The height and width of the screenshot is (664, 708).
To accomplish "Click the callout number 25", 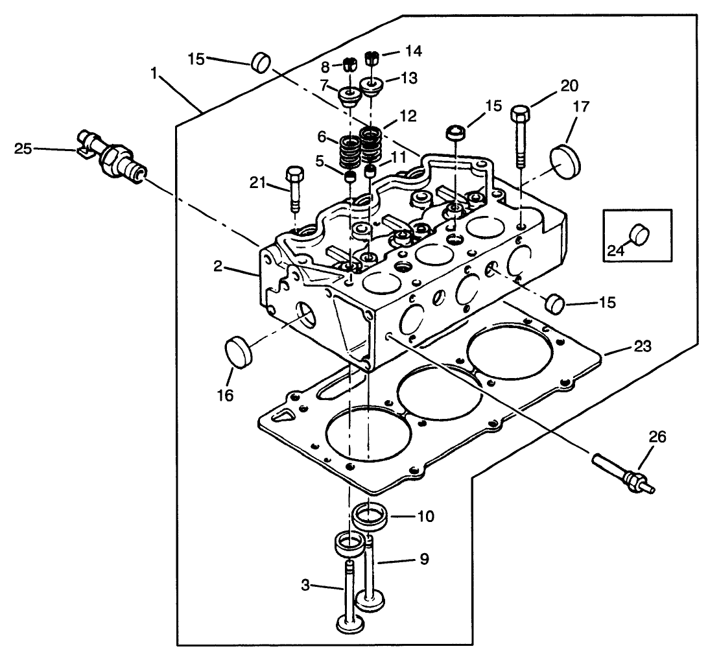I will [x=23, y=148].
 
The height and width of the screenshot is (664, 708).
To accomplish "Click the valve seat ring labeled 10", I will [x=370, y=517].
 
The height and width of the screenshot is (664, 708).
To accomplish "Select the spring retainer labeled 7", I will [x=349, y=97].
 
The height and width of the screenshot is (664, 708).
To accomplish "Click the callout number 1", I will [x=154, y=73].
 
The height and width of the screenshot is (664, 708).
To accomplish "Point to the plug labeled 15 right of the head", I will [x=555, y=303].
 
